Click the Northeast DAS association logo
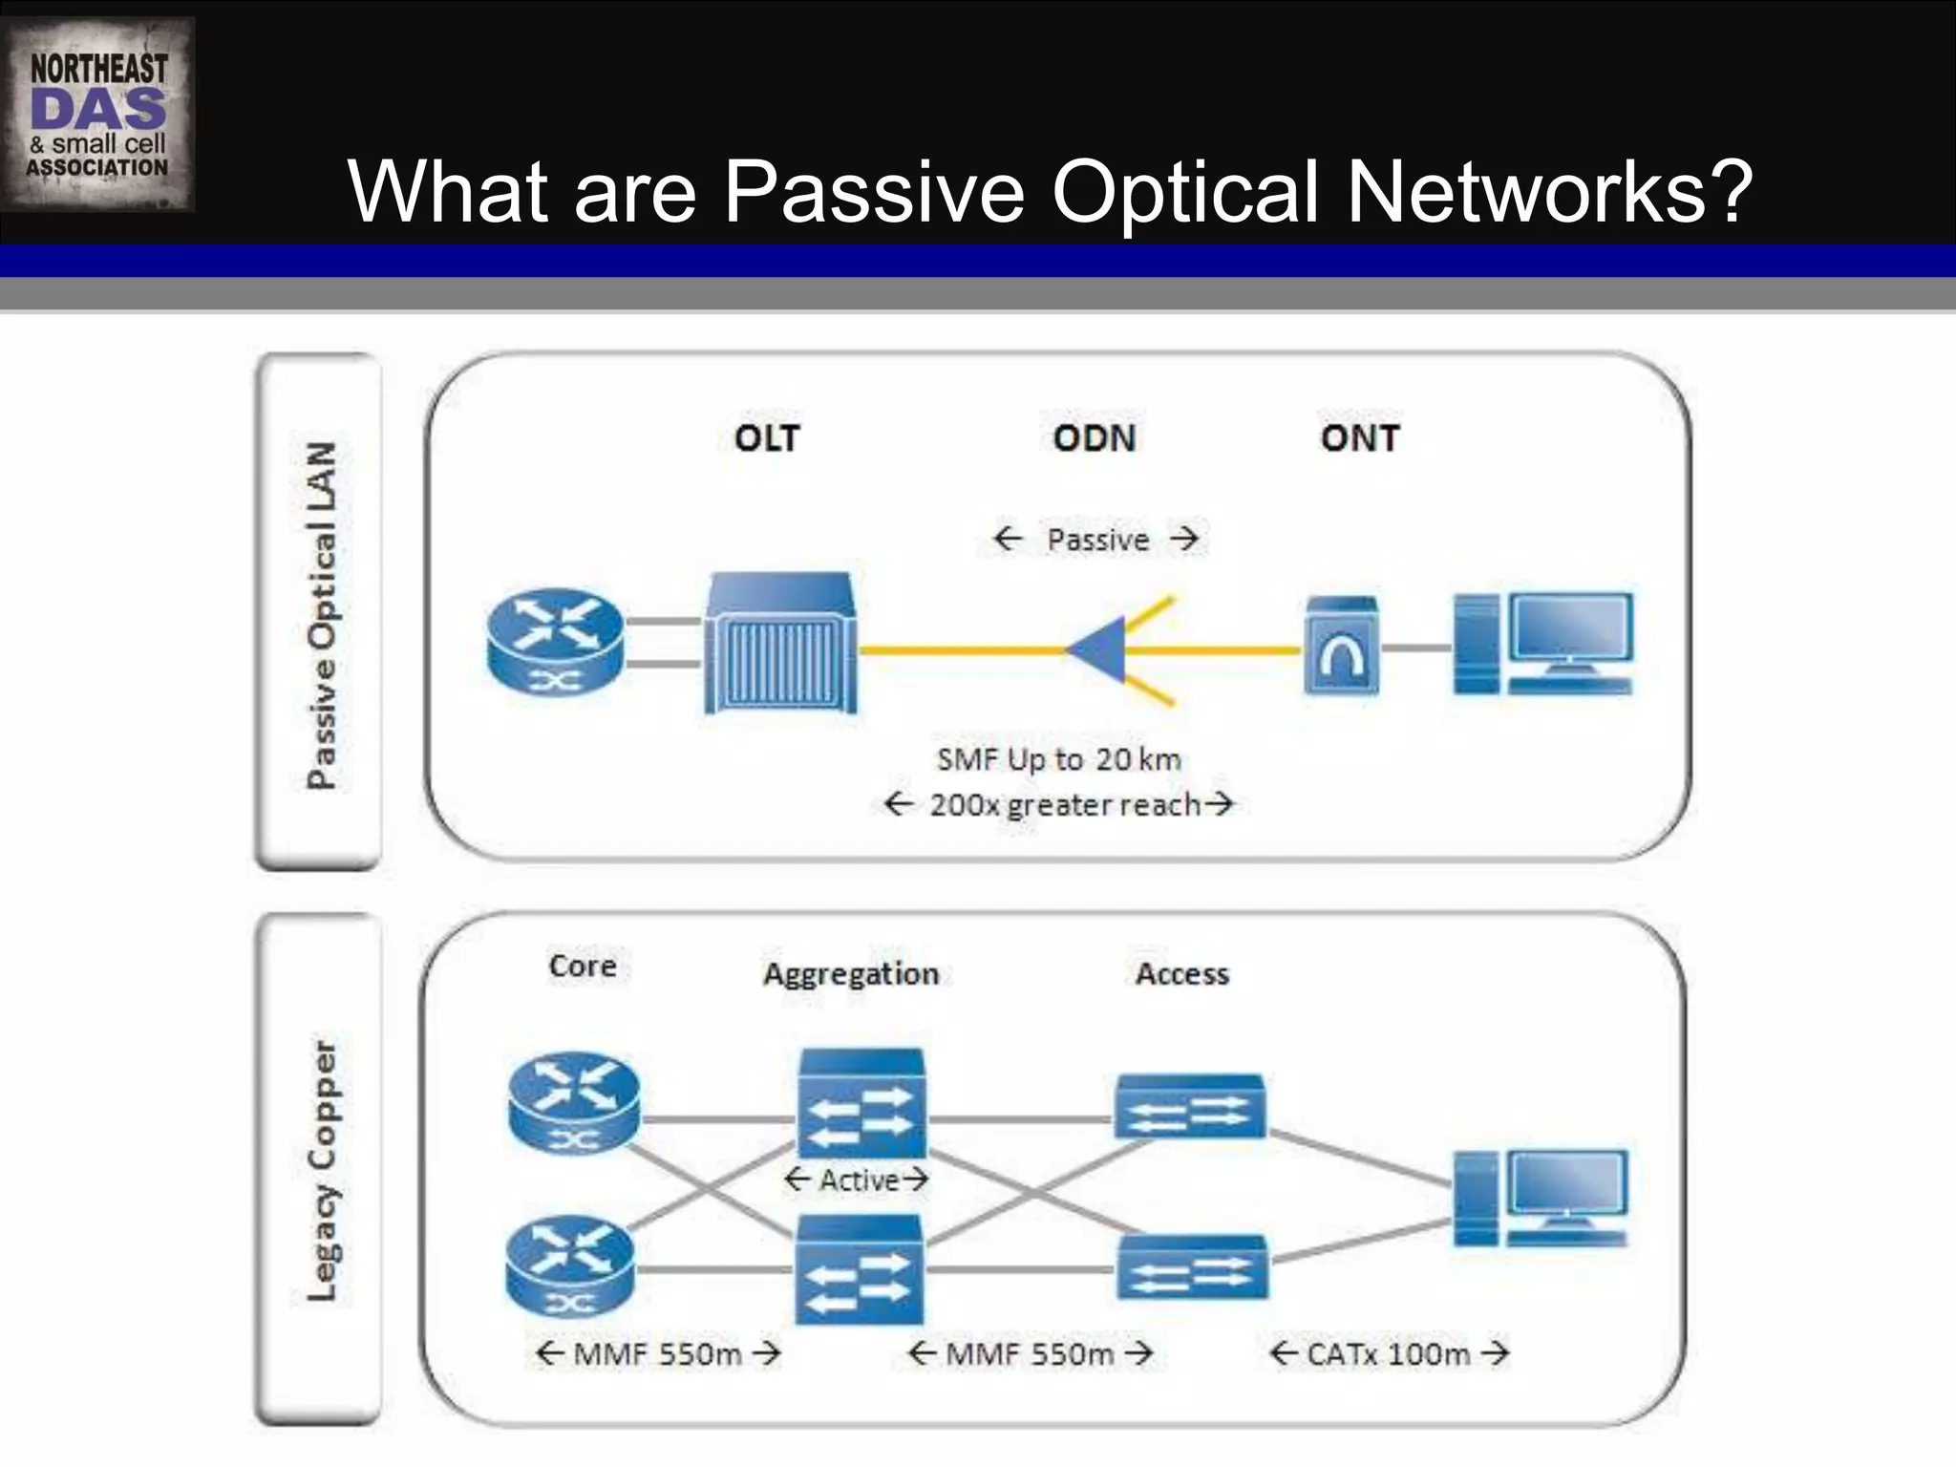tap(98, 115)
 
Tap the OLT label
tap(767, 438)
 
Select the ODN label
tap(1095, 438)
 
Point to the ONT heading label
tap(1360, 438)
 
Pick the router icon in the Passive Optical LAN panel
tap(555, 640)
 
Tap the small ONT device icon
tap(1342, 646)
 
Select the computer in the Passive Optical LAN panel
tap(1543, 644)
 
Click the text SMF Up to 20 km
tap(1059, 760)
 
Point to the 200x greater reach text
tap(1064, 805)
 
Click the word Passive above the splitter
tap(1098, 540)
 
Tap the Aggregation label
tap(851, 974)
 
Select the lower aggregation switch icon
tap(861, 1270)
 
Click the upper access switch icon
tap(1191, 1107)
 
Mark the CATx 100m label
tap(1389, 1354)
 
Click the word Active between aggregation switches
tap(859, 1181)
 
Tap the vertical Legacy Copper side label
tap(322, 1171)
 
